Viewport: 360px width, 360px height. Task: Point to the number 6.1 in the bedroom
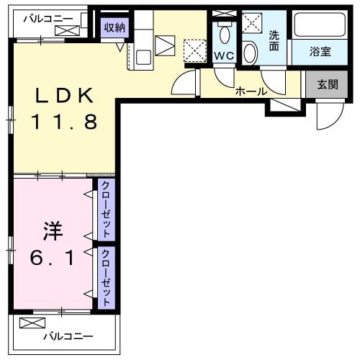[52, 258]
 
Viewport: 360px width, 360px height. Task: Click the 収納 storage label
[114, 27]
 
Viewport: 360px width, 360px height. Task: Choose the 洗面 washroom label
[274, 40]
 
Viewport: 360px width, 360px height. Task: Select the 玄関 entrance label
[327, 84]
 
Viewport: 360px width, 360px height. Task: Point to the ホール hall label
[251, 91]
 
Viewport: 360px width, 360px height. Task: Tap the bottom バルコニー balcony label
[68, 336]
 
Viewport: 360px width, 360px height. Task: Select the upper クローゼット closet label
[106, 210]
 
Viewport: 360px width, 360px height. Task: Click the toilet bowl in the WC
[224, 34]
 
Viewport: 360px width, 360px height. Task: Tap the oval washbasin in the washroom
[250, 52]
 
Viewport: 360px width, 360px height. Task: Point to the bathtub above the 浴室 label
[322, 27]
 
